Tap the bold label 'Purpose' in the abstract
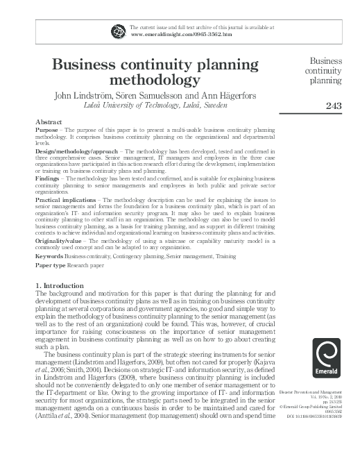tap(46, 130)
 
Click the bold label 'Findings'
tap(48, 178)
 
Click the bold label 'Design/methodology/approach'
tap(77, 150)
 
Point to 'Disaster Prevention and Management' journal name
tap(316, 392)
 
